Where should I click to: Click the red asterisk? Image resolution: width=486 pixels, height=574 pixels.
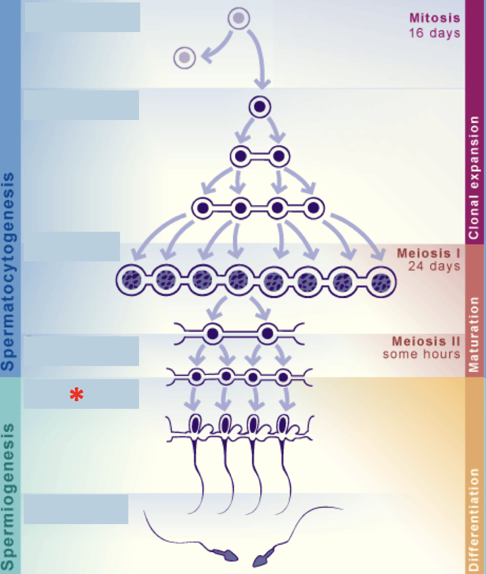click(76, 395)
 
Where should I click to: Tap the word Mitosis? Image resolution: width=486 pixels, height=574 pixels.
click(434, 17)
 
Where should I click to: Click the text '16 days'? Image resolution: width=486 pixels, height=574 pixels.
click(434, 33)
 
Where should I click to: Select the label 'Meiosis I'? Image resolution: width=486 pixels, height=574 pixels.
click(428, 253)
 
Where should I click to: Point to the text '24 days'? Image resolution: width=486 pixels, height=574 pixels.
click(434, 266)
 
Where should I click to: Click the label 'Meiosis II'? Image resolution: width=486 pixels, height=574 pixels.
click(426, 341)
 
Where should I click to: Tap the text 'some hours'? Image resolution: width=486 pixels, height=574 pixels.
click(421, 354)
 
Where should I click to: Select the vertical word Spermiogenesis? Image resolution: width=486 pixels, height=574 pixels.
click(8, 496)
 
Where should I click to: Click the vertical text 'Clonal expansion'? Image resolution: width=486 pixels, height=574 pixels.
click(474, 178)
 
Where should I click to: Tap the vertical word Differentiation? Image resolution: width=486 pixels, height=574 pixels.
click(474, 519)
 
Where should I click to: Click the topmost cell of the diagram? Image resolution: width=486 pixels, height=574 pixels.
click(239, 18)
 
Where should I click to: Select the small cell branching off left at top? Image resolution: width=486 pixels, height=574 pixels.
click(185, 58)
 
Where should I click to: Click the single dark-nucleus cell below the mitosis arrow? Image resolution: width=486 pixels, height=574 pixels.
click(260, 106)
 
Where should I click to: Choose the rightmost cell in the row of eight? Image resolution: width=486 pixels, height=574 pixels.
click(380, 280)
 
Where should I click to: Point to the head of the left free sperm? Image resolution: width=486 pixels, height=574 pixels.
click(228, 556)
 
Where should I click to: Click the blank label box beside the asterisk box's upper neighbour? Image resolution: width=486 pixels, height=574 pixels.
click(81, 351)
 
